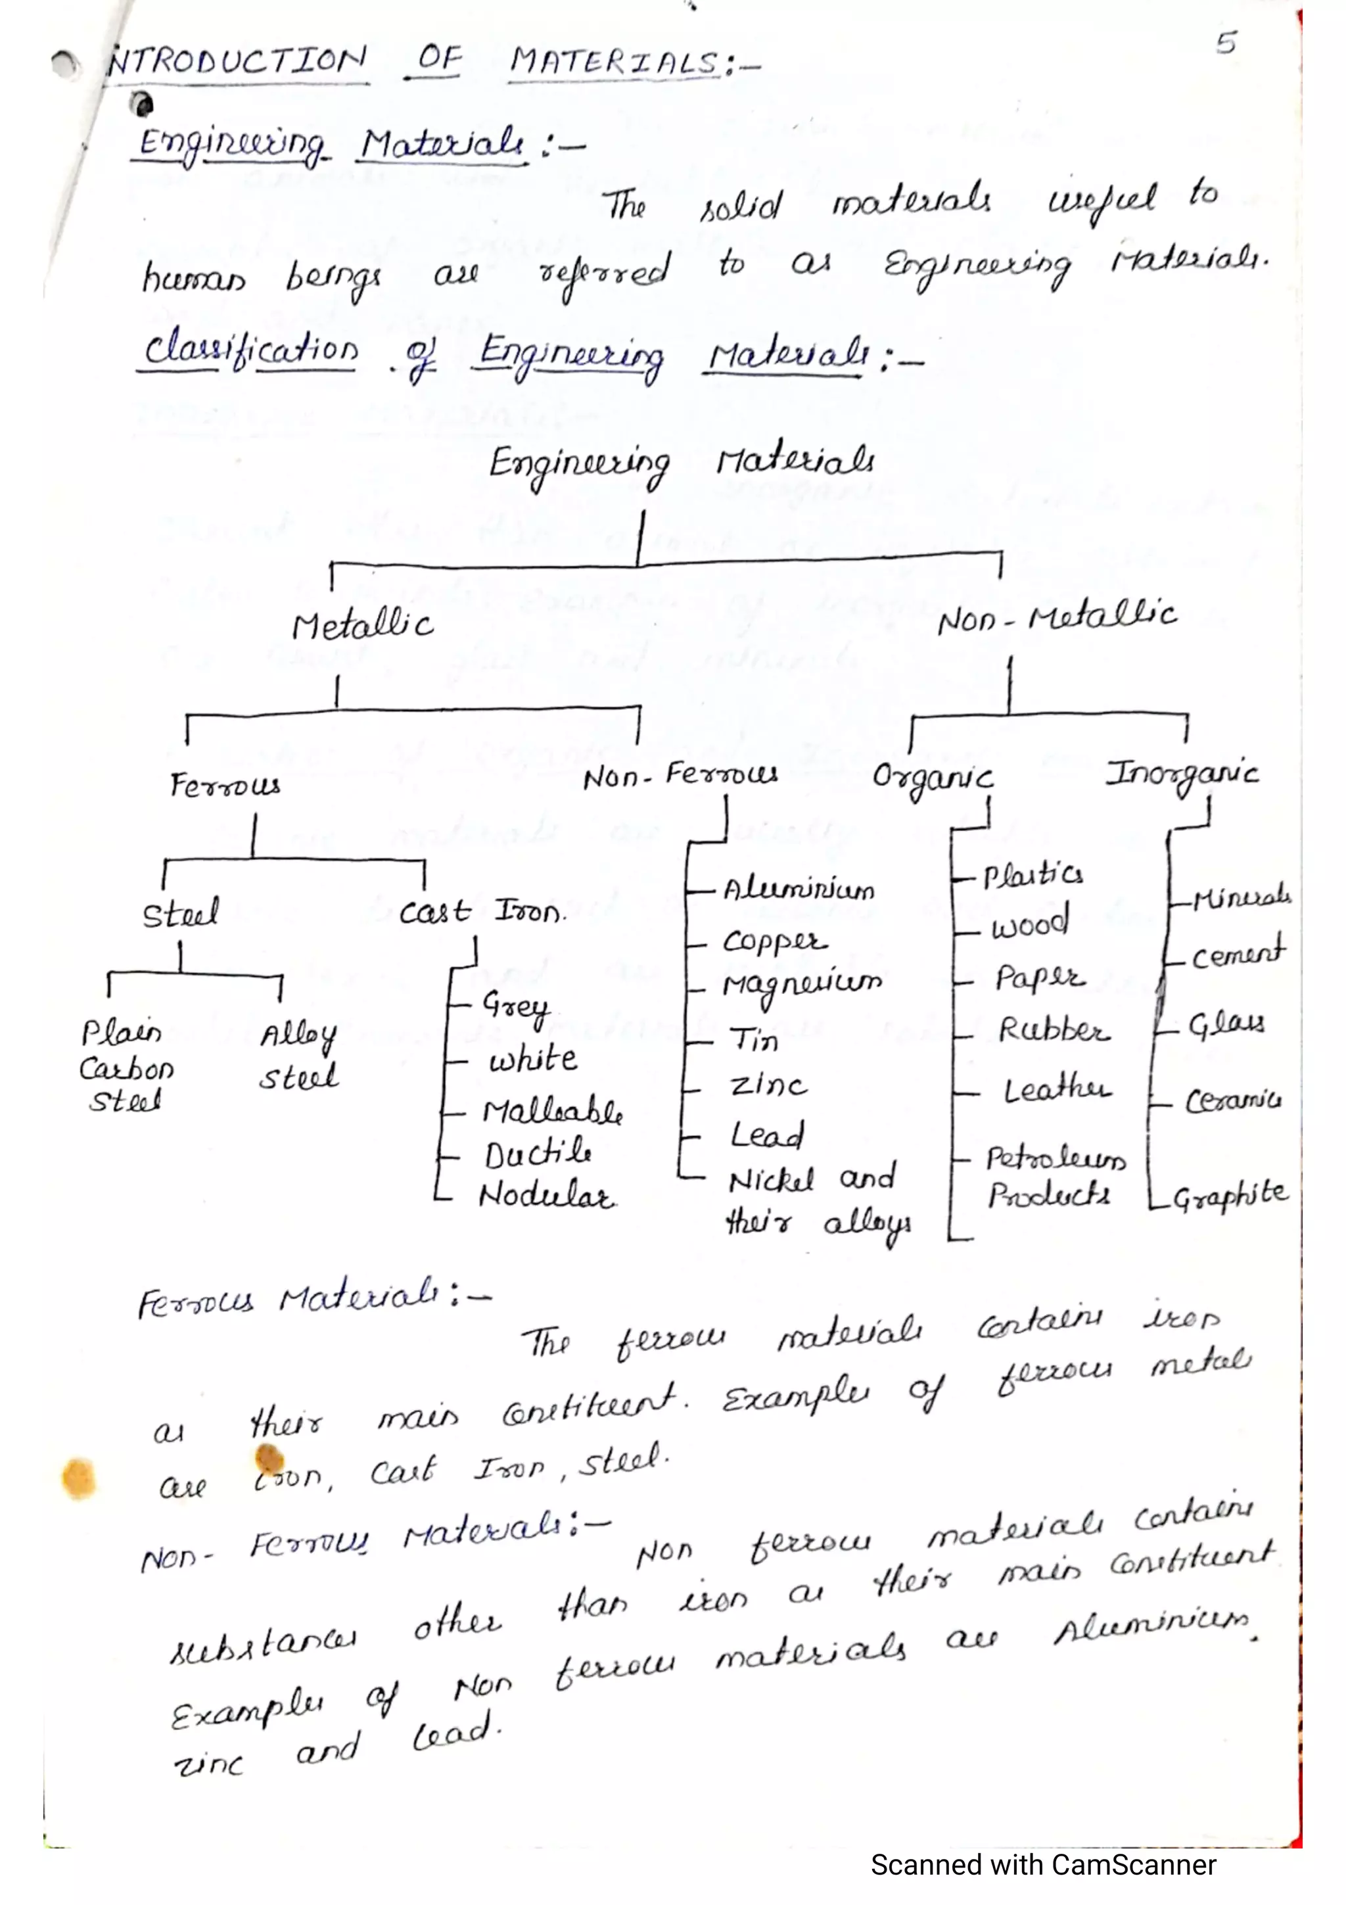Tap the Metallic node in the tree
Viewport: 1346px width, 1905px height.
click(x=362, y=626)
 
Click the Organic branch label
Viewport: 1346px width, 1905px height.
click(x=932, y=778)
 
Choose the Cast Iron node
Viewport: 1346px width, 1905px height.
click(x=481, y=912)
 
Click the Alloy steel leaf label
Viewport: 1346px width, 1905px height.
click(x=298, y=1056)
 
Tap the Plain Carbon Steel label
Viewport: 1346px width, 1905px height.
click(x=126, y=1067)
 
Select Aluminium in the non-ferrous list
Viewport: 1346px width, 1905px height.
click(x=798, y=889)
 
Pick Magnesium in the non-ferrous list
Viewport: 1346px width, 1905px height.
click(x=801, y=985)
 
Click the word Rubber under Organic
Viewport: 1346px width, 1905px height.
click(x=1052, y=1031)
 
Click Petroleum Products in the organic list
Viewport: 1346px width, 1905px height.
click(x=1054, y=1177)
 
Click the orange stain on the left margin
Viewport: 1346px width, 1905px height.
click(x=79, y=1478)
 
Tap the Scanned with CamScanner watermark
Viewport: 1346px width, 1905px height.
click(x=1042, y=1864)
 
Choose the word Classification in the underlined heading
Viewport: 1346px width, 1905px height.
click(x=250, y=348)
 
